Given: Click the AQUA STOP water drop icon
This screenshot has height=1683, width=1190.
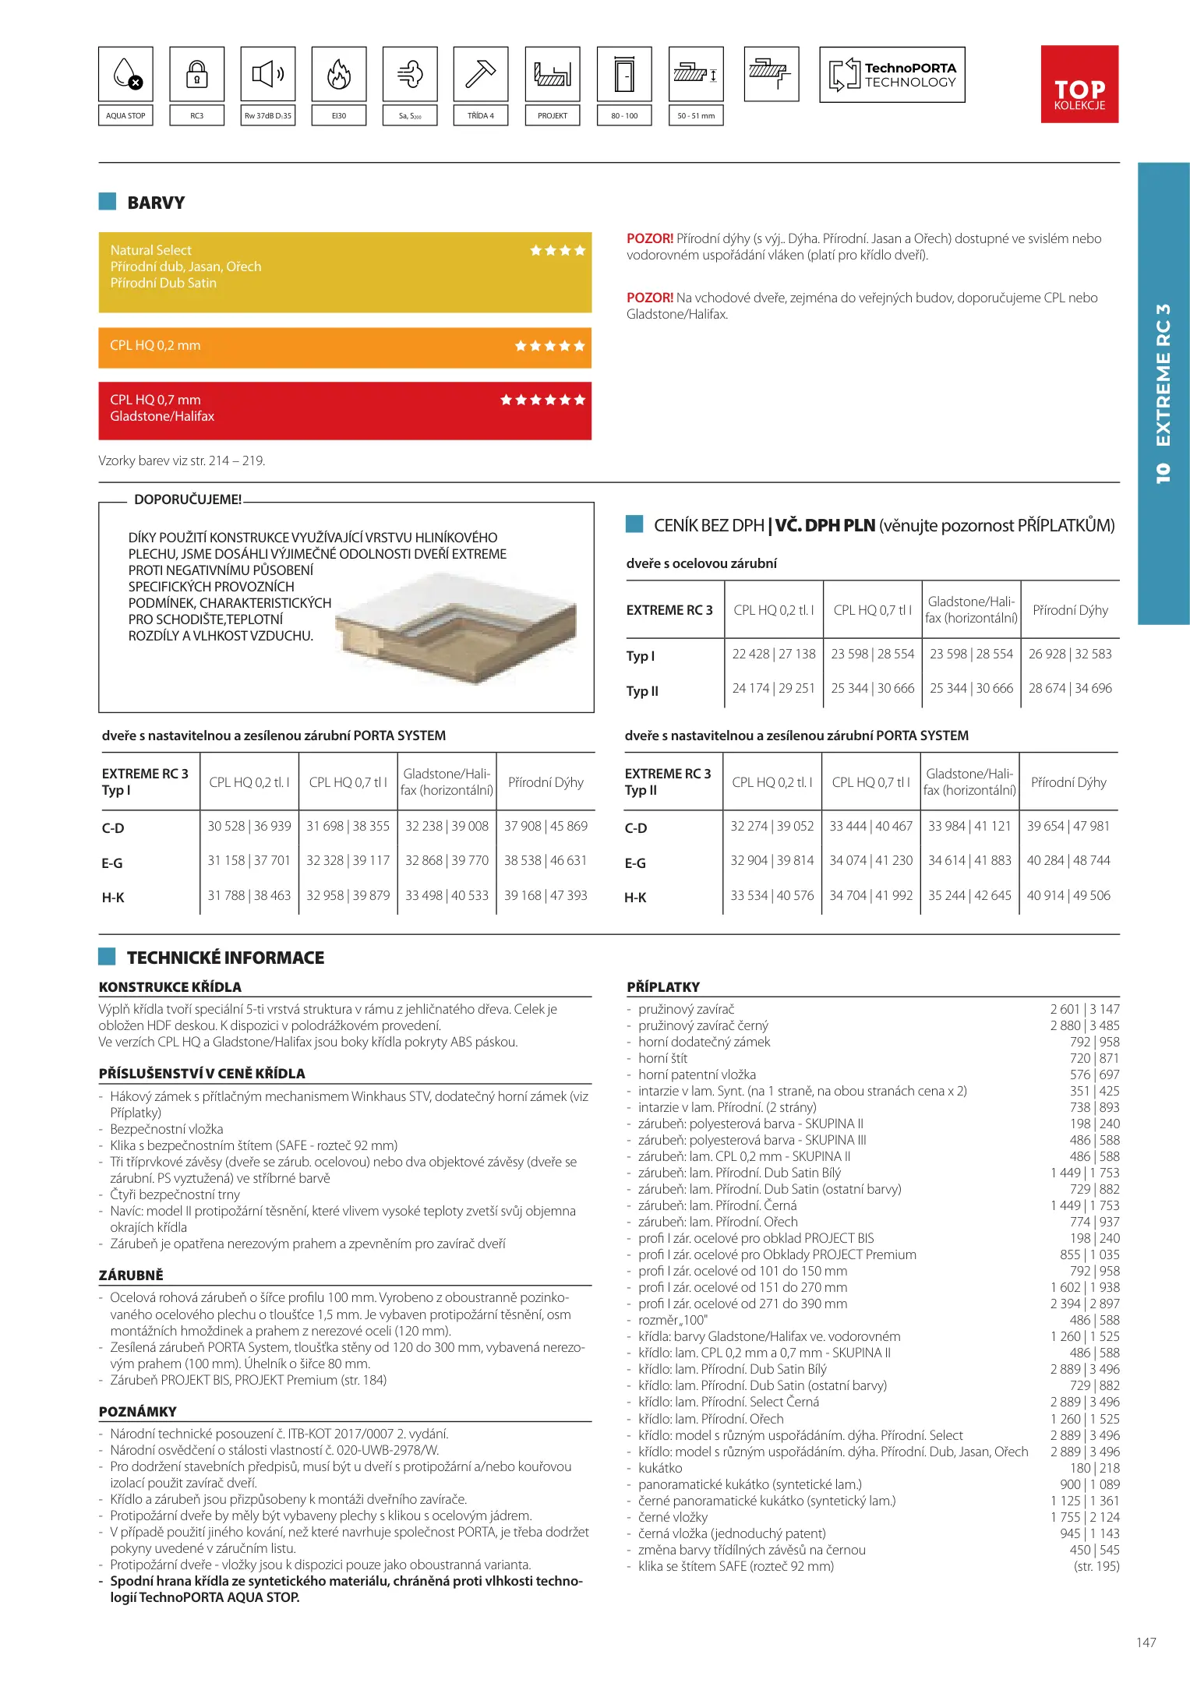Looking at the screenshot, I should (x=126, y=75).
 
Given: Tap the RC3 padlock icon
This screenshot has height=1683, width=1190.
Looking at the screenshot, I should (x=197, y=75).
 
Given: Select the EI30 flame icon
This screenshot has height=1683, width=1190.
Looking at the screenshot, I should (x=339, y=75).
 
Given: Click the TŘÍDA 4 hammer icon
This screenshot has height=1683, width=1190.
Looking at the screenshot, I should (x=481, y=75).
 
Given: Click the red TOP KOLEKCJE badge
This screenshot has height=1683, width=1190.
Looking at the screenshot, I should (x=1079, y=84).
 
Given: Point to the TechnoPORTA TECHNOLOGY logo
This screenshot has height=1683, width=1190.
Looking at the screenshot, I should (x=892, y=75).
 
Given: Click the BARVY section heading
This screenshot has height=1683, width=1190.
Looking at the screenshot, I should (x=156, y=203).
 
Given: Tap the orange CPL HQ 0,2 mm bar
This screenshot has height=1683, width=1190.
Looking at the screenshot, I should (x=344, y=347).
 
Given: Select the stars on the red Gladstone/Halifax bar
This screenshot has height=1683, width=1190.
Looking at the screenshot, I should (x=542, y=400).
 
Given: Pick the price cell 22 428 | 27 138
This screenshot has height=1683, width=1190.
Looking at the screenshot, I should (x=774, y=654).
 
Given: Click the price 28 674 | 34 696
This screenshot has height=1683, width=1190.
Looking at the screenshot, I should (x=1070, y=688).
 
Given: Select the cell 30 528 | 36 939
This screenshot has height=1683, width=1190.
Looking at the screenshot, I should (x=249, y=826).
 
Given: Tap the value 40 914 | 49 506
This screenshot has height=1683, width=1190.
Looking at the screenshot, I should (x=1068, y=895).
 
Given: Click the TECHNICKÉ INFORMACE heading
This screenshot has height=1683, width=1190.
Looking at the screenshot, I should (x=225, y=958).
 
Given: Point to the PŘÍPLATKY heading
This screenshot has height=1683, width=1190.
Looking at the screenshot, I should (x=663, y=986).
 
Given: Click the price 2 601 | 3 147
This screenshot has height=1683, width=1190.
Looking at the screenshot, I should (x=1084, y=1009).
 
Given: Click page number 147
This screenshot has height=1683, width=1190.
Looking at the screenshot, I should (x=1146, y=1642).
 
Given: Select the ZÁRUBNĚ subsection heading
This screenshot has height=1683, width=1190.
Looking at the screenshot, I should (x=131, y=1275).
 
